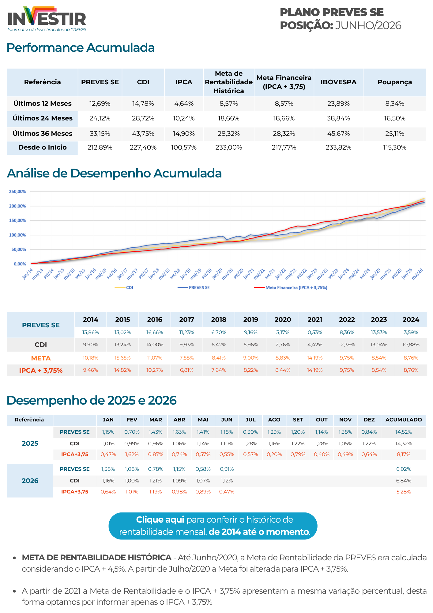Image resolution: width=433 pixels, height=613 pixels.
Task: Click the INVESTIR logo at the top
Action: [47, 19]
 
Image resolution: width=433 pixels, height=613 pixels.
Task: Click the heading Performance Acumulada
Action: [81, 48]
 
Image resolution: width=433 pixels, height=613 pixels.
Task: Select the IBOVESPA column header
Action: [338, 82]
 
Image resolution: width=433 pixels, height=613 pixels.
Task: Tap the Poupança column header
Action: [394, 82]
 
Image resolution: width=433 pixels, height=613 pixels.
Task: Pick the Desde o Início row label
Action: [43, 147]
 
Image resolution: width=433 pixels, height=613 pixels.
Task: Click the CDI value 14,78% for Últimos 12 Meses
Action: [143, 104]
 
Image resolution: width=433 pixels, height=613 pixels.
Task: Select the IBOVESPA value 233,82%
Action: [338, 147]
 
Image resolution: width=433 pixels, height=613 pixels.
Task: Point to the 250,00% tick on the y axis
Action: [17, 192]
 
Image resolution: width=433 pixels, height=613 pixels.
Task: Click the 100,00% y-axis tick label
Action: [17, 235]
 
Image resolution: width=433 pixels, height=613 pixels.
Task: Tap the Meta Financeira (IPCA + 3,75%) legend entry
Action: [291, 287]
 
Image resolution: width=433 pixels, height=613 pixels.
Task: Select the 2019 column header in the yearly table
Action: [251, 320]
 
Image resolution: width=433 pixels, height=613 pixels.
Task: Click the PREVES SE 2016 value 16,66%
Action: [155, 333]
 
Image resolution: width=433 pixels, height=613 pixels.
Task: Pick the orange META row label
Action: [41, 358]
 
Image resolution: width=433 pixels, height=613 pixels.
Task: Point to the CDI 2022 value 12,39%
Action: [347, 345]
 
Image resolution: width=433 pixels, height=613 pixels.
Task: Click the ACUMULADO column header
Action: [404, 420]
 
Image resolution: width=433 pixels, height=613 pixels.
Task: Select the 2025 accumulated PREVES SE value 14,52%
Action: [404, 432]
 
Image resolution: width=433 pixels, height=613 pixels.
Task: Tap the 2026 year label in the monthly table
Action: [30, 481]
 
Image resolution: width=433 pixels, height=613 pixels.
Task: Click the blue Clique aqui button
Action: [213, 526]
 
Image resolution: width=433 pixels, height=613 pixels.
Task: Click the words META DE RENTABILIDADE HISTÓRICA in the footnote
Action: [96, 558]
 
